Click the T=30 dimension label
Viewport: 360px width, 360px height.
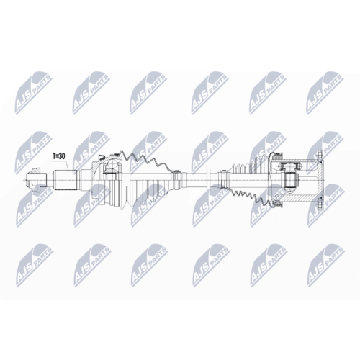61,155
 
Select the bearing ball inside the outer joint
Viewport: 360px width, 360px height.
112,171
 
